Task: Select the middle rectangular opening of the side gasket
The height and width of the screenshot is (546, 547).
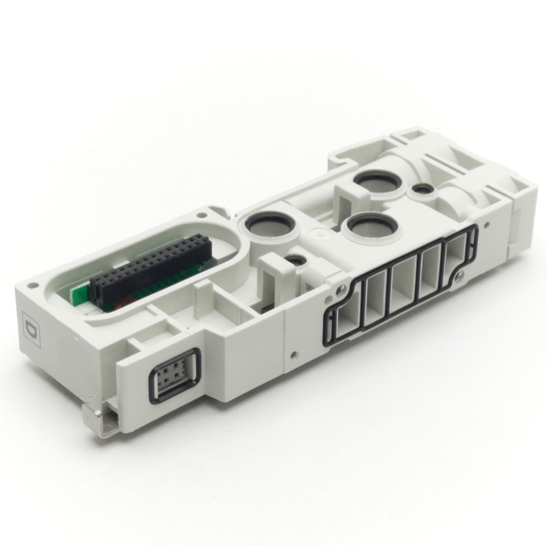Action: pos(403,284)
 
